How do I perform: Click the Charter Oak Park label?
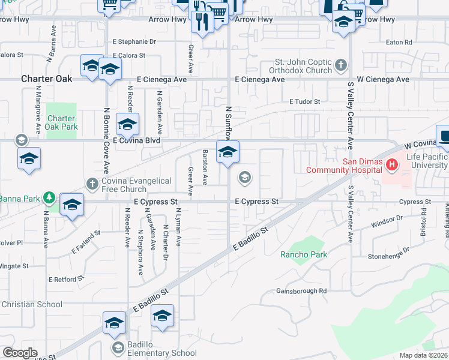[x=62, y=122]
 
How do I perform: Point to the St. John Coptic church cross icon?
[x=341, y=64]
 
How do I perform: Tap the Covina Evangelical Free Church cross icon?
[x=92, y=182]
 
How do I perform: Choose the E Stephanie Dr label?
[x=134, y=42]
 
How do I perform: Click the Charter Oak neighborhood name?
[x=46, y=79]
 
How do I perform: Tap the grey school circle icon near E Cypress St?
[x=244, y=176]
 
